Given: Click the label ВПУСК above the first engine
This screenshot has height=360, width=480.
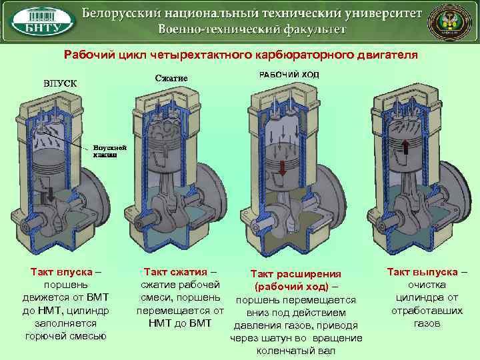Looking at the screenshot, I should [x=60, y=83].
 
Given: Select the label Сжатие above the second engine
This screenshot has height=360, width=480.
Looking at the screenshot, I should [x=171, y=78].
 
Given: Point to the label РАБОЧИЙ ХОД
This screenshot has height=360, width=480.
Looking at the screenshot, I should [x=289, y=75].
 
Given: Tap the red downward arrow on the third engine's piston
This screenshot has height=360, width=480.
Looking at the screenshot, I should [x=283, y=167].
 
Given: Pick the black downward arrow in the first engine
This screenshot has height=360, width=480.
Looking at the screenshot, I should [x=49, y=198].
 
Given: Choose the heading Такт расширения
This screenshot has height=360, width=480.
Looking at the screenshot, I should [x=296, y=274].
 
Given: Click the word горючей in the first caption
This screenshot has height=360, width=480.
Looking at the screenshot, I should [x=45, y=335].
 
